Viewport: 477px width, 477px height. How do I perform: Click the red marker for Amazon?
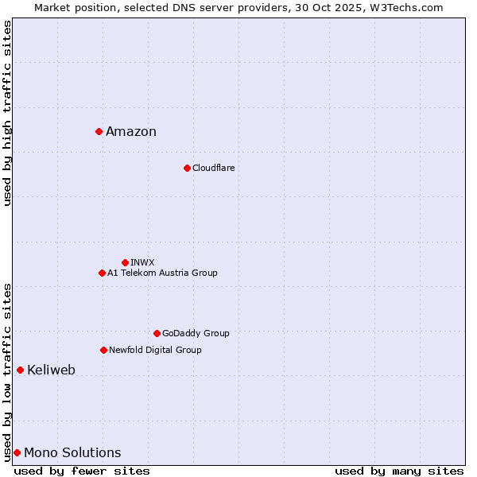pos(99,131)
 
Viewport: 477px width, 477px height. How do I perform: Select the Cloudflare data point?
pos(187,168)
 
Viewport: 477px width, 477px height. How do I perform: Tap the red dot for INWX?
pos(125,262)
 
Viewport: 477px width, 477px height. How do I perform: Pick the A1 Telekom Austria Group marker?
pos(102,273)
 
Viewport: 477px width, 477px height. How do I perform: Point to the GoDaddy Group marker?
pos(157,333)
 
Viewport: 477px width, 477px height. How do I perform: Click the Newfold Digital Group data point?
pos(103,350)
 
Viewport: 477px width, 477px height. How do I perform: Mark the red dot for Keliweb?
pos(20,370)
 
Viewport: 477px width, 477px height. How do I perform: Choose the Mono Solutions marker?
pos(17,452)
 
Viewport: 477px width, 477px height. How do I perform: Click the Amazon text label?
pos(131,132)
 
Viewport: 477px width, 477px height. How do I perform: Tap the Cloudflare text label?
pos(213,168)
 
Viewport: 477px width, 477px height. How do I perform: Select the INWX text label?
pos(142,262)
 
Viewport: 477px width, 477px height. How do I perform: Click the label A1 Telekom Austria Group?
pos(162,273)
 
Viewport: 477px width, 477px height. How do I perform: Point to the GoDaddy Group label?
pos(196,333)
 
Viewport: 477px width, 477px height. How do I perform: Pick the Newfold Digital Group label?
pos(155,350)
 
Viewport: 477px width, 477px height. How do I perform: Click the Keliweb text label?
pos(51,370)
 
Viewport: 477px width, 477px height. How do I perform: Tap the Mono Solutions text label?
pos(72,453)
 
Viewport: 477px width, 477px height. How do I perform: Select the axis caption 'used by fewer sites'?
pos(82,471)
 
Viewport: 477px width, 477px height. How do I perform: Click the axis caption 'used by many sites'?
pos(399,471)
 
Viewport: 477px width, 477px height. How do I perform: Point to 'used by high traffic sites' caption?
pos(7,113)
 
